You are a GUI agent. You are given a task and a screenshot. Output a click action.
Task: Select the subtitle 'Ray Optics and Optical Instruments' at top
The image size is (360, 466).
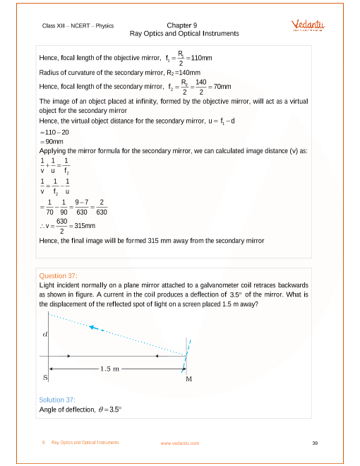tap(184, 33)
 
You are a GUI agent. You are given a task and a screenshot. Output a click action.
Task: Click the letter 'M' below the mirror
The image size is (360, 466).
tap(188, 379)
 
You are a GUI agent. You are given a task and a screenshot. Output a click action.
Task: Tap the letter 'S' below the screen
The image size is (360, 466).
tap(45, 378)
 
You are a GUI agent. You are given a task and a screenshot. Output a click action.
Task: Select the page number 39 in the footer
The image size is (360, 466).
tap(314, 443)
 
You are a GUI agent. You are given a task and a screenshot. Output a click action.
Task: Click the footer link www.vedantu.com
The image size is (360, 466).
tap(179, 443)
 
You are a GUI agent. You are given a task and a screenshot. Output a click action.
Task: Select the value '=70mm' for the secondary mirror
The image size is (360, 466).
tap(218, 86)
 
